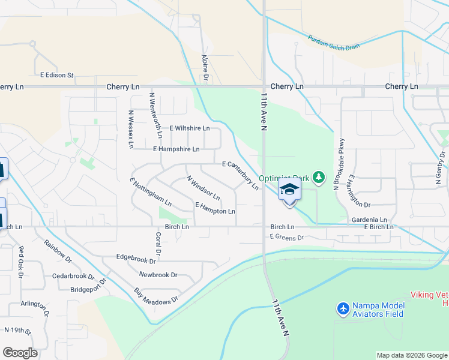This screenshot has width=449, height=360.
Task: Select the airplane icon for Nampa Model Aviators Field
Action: (343, 308)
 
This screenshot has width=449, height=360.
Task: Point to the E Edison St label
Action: (56, 76)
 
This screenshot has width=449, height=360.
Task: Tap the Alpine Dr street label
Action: (205, 67)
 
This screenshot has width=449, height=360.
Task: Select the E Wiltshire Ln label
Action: (189, 128)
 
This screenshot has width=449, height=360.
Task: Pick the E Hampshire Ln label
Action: (176, 149)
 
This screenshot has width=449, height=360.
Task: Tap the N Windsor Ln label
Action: (203, 188)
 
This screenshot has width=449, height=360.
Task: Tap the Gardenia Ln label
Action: (370, 220)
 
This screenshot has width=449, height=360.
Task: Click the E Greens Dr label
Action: (287, 237)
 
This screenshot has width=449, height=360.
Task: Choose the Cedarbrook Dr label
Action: (73, 277)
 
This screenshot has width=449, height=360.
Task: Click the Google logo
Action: (20, 353)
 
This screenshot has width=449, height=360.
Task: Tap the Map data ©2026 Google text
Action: (411, 355)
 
